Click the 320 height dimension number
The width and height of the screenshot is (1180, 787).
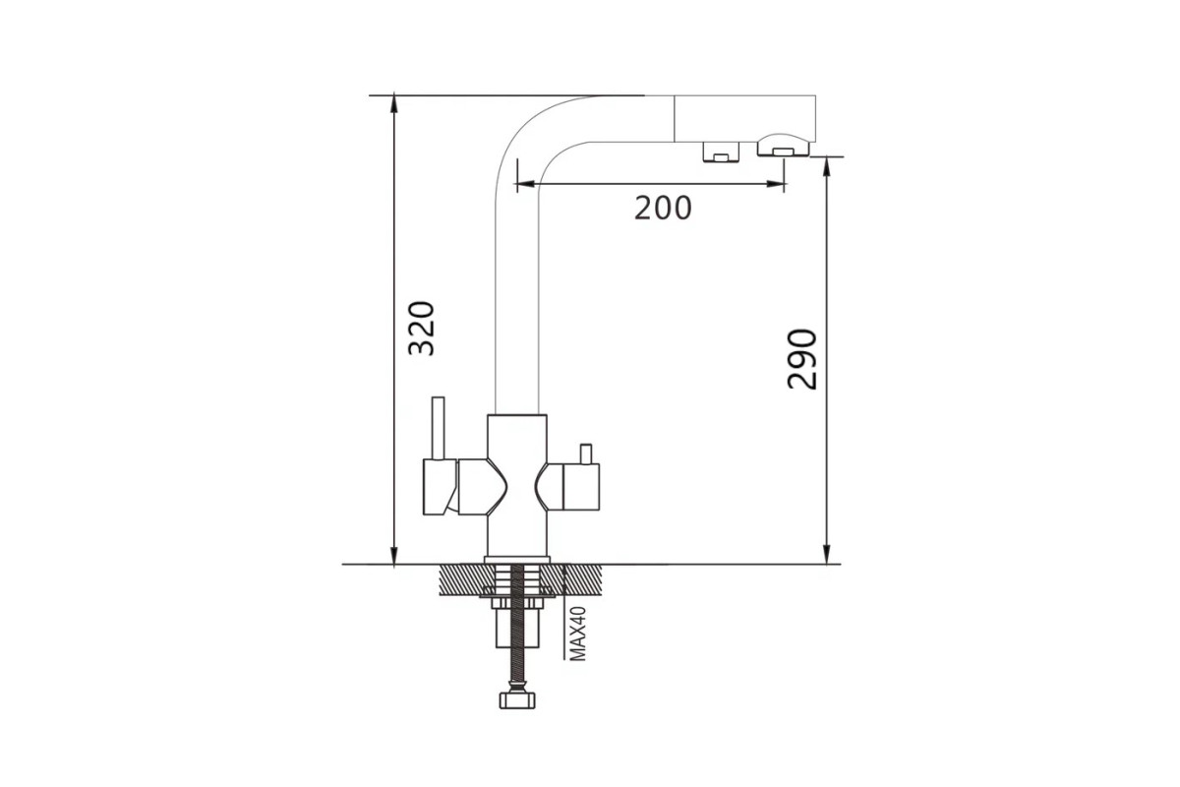click(x=422, y=328)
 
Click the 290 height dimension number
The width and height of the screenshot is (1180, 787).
click(x=801, y=359)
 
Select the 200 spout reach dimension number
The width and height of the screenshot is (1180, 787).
click(x=663, y=208)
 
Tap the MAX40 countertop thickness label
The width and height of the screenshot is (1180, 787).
click(x=578, y=634)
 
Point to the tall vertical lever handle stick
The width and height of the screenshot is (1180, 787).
click(x=439, y=428)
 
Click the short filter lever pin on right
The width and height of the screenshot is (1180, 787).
click(x=586, y=454)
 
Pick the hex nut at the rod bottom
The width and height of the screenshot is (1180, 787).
click(x=517, y=699)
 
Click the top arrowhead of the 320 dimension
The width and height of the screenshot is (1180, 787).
click(x=393, y=104)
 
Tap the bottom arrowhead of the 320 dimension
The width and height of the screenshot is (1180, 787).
click(x=393, y=555)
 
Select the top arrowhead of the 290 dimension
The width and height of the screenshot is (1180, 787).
click(x=827, y=165)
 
